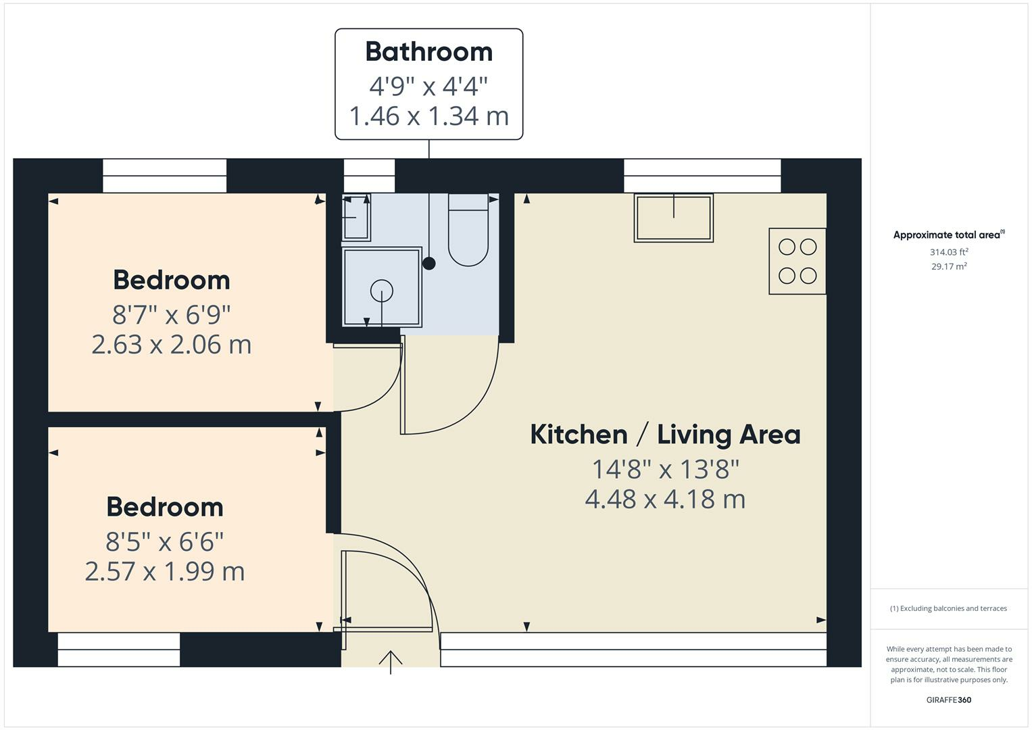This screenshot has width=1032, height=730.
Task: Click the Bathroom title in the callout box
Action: click(x=428, y=52)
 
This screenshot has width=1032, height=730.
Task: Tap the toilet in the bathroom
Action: click(x=468, y=233)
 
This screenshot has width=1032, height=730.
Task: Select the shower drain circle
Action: click(x=382, y=291)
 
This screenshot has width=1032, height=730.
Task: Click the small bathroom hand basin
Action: click(x=356, y=217)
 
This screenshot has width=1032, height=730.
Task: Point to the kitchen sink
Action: click(x=673, y=218)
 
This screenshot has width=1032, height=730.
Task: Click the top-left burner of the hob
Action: click(x=787, y=247)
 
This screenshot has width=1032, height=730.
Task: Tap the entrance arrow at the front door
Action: click(x=391, y=661)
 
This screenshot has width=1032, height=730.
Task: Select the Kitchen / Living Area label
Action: click(x=665, y=435)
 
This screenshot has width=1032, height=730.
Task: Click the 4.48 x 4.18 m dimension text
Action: click(x=665, y=500)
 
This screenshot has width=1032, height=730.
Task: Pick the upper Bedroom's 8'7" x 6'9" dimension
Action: click(x=172, y=314)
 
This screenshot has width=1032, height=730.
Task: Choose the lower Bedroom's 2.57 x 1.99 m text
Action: click(x=165, y=572)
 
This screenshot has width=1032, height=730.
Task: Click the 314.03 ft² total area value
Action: click(x=949, y=252)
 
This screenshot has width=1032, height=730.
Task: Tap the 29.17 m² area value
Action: click(x=949, y=266)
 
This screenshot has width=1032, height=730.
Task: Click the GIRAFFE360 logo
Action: click(x=948, y=700)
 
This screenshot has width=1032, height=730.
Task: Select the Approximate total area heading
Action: click(x=948, y=235)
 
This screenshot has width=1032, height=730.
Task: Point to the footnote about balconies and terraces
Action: click(x=948, y=608)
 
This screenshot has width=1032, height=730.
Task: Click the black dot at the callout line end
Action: click(x=429, y=264)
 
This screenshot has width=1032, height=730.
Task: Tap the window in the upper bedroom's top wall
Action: click(x=164, y=176)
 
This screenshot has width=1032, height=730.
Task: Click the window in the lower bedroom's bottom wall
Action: click(x=119, y=650)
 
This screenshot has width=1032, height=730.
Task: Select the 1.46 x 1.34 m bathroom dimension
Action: click(x=428, y=116)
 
